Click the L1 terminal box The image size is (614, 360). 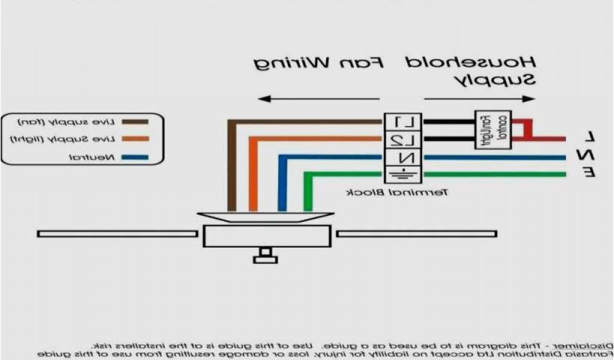coord(403,122)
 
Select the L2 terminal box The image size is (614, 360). coord(403,140)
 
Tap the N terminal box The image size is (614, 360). coord(403,158)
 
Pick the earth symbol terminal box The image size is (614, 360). coord(403,175)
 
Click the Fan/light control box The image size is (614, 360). coord(493,130)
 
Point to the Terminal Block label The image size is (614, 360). coord(396,193)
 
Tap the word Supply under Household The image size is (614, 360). coord(495,80)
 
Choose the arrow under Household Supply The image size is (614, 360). coord(479,98)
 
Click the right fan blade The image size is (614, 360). coord(416,233)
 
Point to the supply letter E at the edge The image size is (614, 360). coord(590,173)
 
